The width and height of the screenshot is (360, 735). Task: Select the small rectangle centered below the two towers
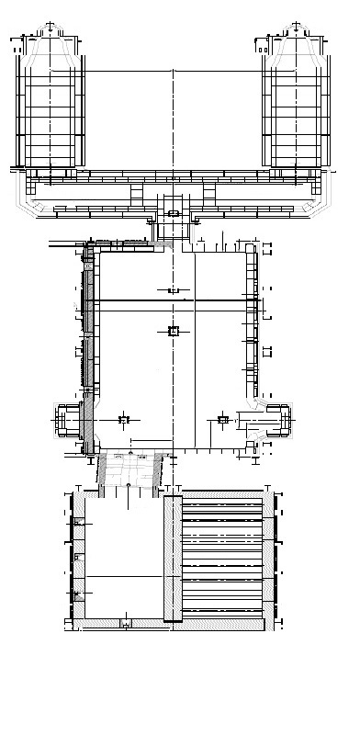coord(173,214)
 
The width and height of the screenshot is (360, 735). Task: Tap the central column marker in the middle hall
coord(173,332)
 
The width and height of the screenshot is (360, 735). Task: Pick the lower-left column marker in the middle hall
coord(126,420)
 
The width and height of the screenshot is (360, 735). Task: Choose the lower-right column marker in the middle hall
coord(221,420)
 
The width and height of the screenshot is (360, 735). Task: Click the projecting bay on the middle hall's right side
coord(279,419)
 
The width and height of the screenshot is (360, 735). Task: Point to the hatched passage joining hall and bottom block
coord(133,470)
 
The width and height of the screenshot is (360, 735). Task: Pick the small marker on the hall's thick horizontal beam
coord(172,290)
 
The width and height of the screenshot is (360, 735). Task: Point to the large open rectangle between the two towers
coord(173,119)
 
